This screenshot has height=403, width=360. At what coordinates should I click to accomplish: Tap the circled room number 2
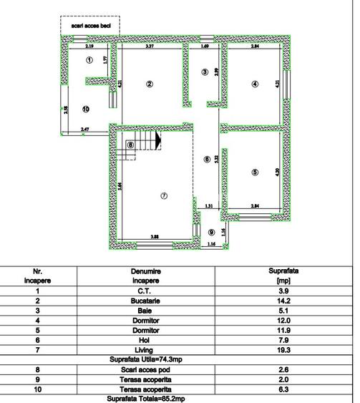(150, 84)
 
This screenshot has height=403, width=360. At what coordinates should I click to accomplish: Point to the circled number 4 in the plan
(254, 84)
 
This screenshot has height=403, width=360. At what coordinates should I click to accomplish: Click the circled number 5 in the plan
(254, 172)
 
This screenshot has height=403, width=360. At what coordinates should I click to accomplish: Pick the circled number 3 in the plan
(205, 72)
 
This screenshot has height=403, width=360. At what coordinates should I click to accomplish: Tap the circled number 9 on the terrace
(211, 232)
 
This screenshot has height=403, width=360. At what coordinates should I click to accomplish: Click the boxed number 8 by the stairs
(130, 145)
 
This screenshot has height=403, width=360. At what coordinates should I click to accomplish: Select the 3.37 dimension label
(150, 46)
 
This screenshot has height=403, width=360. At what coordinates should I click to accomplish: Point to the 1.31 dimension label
(208, 206)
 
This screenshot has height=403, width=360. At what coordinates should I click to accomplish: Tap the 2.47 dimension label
(84, 129)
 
